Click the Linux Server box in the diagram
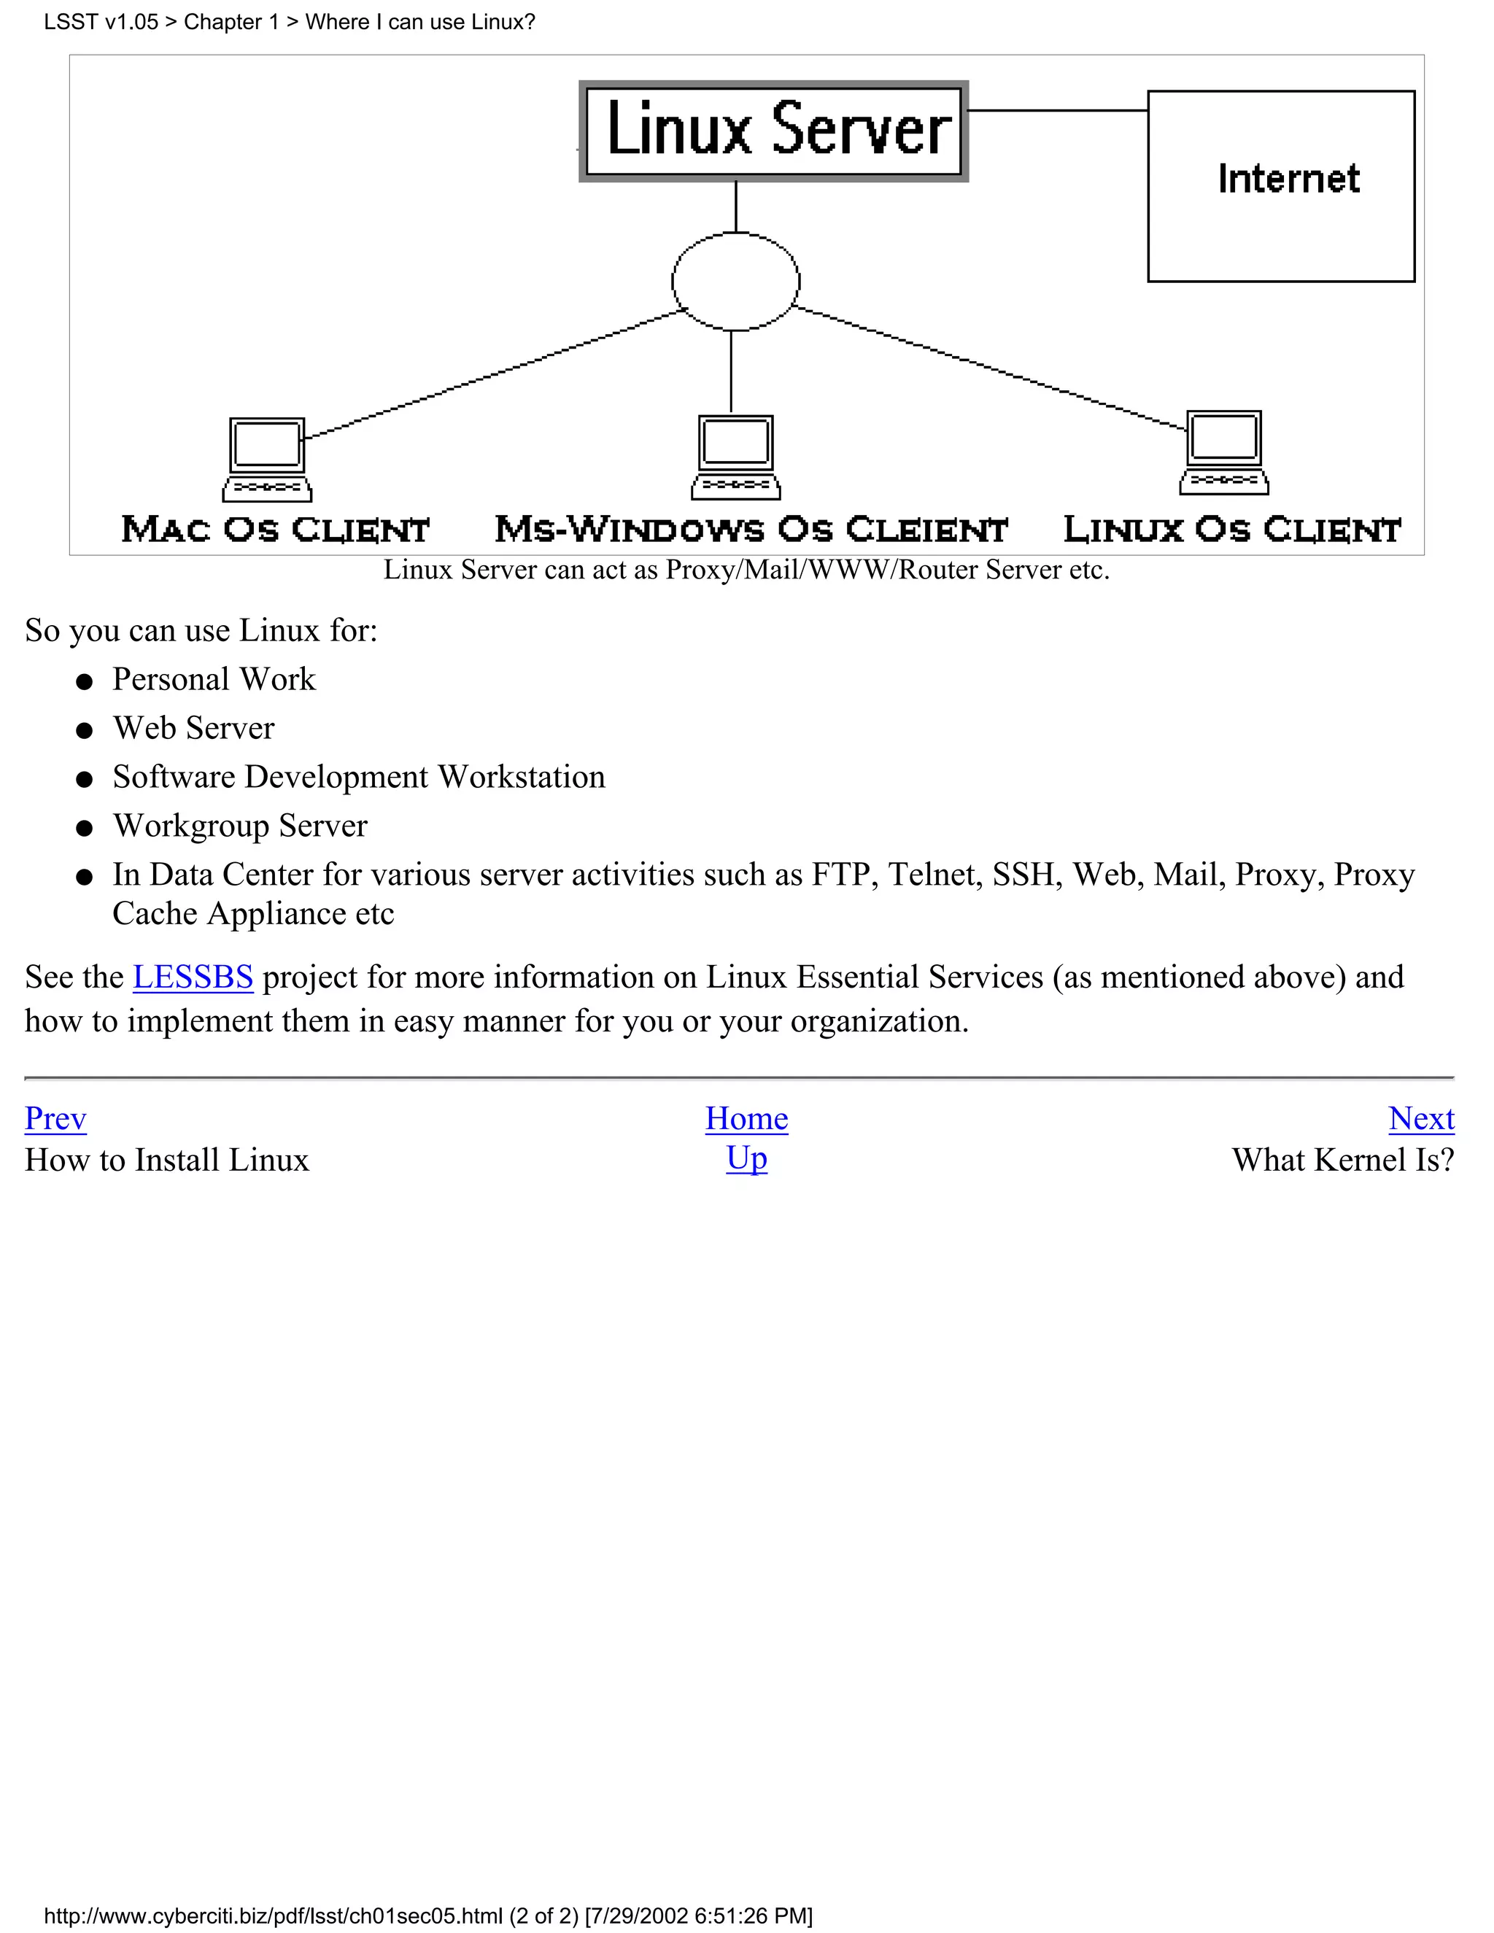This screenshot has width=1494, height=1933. click(773, 131)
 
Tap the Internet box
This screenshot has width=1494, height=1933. click(1281, 186)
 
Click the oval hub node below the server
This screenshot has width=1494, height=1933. click(735, 282)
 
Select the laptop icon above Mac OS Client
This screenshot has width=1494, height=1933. click(267, 460)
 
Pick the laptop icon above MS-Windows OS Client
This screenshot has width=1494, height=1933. click(735, 457)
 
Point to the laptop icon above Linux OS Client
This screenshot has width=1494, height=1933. click(1224, 452)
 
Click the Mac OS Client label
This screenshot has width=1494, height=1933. click(275, 530)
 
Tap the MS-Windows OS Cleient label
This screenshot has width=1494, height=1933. click(751, 530)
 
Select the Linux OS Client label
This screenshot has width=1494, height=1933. click(1232, 530)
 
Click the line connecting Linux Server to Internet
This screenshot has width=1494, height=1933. click(1058, 111)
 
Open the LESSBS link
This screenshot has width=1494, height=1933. click(193, 977)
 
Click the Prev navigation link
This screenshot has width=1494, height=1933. click(55, 1119)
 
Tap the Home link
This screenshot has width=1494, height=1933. click(746, 1119)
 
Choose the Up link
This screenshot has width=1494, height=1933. click(746, 1158)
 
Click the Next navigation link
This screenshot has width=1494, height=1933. click(1420, 1119)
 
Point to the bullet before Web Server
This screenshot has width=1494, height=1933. click(85, 731)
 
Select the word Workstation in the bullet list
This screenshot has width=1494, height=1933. click(522, 777)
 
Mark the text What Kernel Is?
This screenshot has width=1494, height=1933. click(1343, 1161)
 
